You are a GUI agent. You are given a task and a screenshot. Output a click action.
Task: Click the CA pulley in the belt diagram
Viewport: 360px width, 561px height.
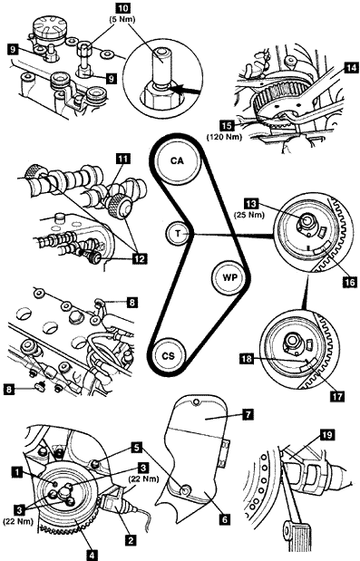coord(177,161)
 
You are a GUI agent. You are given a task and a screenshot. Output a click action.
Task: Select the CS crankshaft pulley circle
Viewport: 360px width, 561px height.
coord(168,356)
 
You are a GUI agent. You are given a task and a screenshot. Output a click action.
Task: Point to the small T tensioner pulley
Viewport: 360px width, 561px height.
coord(179,233)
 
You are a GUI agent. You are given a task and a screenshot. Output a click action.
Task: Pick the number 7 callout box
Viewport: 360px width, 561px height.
coord(248,414)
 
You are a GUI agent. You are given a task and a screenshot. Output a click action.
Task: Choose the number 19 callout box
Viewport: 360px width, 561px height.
coord(327,435)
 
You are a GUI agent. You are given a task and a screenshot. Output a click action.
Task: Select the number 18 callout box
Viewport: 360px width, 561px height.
coord(246,359)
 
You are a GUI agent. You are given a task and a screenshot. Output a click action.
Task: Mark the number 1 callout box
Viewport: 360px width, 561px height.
coord(16,472)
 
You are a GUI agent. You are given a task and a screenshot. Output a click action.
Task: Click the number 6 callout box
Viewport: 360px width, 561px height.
coord(225,518)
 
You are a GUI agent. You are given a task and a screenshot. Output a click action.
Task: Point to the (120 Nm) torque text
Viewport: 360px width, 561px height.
coord(224,136)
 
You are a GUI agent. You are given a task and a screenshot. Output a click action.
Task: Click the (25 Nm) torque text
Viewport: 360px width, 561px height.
coord(249,215)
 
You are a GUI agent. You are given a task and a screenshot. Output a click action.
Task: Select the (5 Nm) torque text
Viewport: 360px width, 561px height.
coord(122,19)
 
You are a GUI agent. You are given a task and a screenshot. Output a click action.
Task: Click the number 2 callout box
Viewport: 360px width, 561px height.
coord(131,540)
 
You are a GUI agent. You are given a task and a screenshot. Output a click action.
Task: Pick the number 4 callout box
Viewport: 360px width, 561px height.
coord(92,555)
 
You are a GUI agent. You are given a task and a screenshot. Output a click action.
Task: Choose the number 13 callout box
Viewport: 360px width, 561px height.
coord(252,204)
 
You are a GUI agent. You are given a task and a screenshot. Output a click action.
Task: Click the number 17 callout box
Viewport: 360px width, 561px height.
coord(336,396)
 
